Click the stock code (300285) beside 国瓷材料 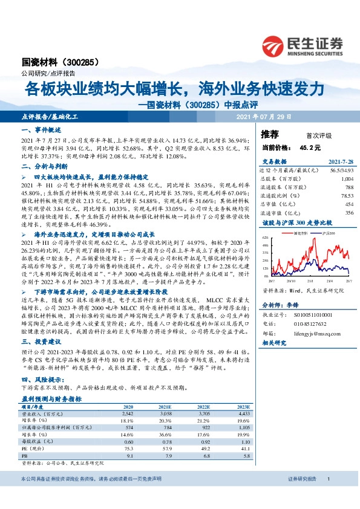click(79, 62)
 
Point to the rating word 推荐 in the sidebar click(270, 134)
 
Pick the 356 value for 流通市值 click(349, 213)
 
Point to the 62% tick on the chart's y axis click(264, 238)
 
